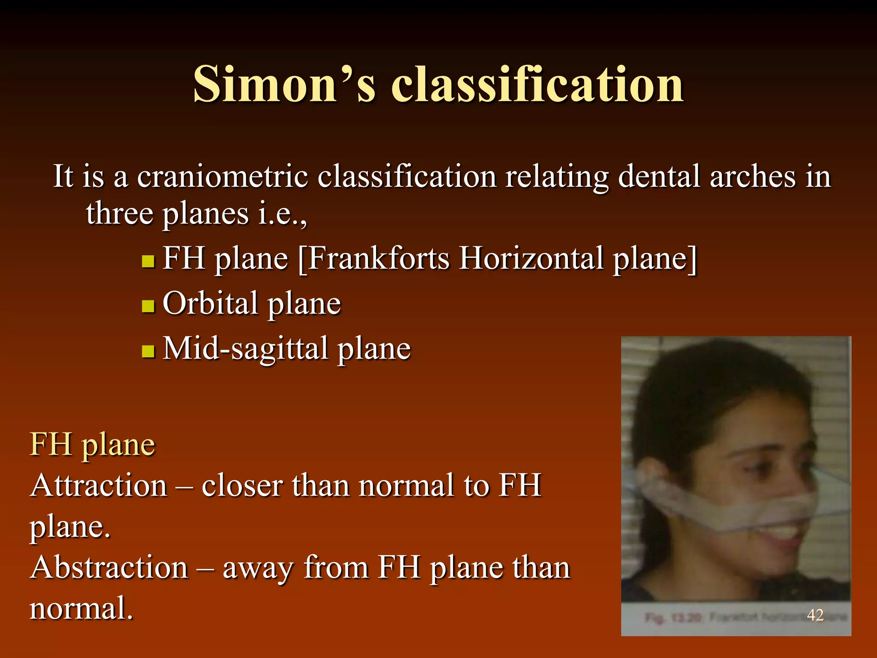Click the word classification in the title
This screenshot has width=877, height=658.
[x=537, y=84]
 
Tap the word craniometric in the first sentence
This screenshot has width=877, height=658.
[x=222, y=176]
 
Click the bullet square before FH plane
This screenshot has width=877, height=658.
[x=148, y=261]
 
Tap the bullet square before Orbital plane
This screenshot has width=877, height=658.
[x=148, y=306]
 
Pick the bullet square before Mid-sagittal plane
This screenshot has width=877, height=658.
[x=148, y=351]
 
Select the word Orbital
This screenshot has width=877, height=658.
[x=210, y=303]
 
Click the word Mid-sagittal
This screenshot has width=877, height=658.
[x=245, y=349]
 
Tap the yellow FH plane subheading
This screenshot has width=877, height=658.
[x=92, y=445]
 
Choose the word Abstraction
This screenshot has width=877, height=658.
[x=109, y=567]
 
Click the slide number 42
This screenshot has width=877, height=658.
[x=815, y=615]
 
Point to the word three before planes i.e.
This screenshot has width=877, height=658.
[x=119, y=213]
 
